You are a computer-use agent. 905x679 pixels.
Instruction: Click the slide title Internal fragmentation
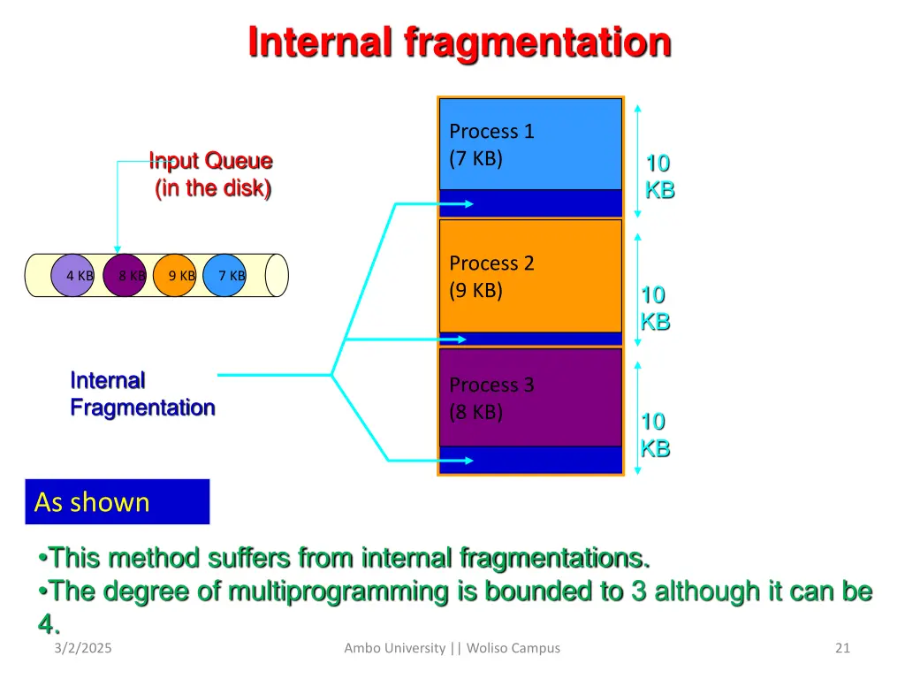[x=459, y=42]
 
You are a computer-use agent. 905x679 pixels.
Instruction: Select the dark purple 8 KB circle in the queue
[x=125, y=275]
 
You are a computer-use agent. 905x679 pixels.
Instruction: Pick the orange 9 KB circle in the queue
[x=175, y=275]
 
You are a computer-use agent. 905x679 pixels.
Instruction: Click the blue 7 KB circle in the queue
[x=226, y=275]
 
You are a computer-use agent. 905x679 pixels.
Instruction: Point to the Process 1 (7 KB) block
[x=530, y=144]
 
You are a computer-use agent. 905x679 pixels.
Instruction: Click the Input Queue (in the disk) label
[x=211, y=174]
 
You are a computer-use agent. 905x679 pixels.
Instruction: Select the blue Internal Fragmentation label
[x=141, y=394]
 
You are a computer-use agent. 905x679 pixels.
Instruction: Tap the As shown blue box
[x=118, y=502]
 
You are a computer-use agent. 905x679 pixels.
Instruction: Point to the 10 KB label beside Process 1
[x=659, y=176]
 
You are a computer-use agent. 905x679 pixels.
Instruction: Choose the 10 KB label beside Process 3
[x=655, y=435]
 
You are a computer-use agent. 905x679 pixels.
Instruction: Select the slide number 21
[x=841, y=648]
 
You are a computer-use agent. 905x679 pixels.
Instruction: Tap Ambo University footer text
[x=452, y=648]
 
